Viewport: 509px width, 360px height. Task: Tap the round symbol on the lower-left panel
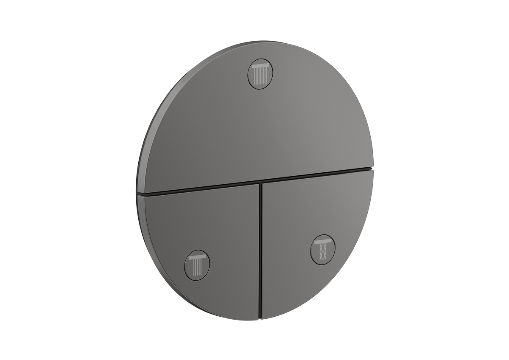tap(197, 262)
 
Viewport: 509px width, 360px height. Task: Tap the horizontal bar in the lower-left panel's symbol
tap(197, 256)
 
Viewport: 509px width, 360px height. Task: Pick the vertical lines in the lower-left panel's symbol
tap(197, 265)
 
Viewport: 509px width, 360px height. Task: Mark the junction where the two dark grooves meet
tap(260, 183)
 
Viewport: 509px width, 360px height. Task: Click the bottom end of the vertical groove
tap(260, 318)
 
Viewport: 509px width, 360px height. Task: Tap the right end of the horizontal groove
tap(372, 169)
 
